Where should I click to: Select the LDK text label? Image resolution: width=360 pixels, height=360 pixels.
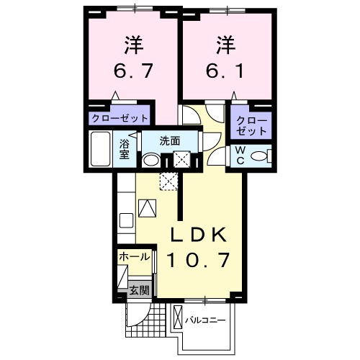(199, 235)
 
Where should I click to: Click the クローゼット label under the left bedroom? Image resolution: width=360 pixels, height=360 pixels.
(120, 118)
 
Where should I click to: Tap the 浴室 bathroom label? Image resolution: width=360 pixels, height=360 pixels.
(125, 148)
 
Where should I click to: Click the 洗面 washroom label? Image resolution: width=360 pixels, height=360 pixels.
(170, 140)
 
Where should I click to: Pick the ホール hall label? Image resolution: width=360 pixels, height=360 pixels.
(134, 256)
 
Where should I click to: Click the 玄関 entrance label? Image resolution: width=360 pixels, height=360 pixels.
(140, 291)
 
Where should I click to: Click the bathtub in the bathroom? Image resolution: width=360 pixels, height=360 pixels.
(102, 149)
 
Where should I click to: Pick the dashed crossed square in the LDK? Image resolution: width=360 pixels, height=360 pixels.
(168, 181)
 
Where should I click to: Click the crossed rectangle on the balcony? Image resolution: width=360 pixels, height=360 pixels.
(178, 318)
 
